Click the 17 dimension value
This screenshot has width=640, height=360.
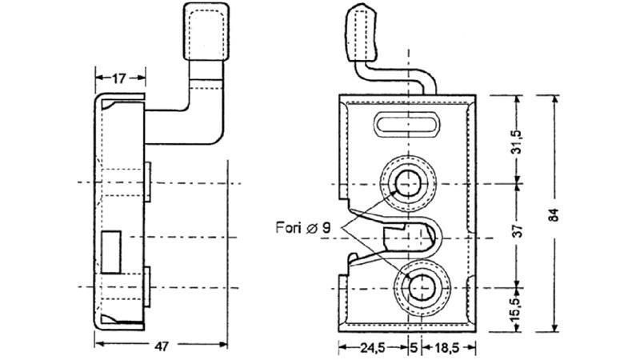pyautogui.click(x=119, y=78)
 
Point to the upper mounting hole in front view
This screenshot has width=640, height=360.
pyautogui.click(x=408, y=183)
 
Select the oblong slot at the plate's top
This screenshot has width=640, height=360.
pyautogui.click(x=408, y=125)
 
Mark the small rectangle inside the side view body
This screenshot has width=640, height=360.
pyautogui.click(x=112, y=248)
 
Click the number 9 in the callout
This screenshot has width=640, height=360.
pyautogui.click(x=326, y=227)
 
